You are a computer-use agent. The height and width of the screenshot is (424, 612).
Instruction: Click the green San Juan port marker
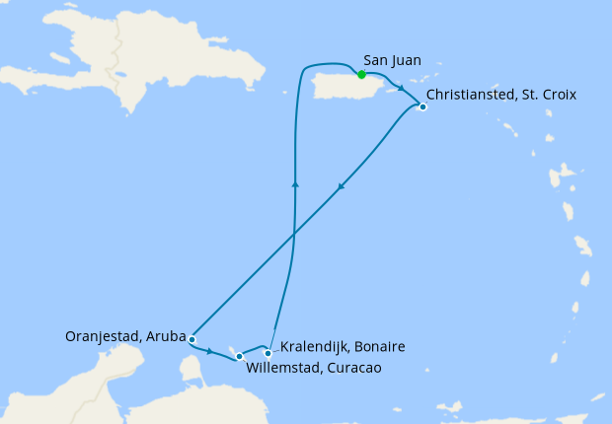click(362, 75)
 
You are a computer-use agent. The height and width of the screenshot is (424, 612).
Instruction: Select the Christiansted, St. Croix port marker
click(422, 106)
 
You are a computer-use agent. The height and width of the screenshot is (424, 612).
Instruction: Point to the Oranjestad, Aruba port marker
click(191, 339)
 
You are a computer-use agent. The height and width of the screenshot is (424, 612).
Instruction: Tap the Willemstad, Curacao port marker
click(239, 356)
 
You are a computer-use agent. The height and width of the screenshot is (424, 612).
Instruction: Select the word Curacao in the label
click(351, 368)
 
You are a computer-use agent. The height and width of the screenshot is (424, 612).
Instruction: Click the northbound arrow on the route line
click(295, 182)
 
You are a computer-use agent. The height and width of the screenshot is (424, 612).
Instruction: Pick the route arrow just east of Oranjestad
click(210, 350)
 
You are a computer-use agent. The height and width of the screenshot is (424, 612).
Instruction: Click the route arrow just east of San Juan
click(401, 87)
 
